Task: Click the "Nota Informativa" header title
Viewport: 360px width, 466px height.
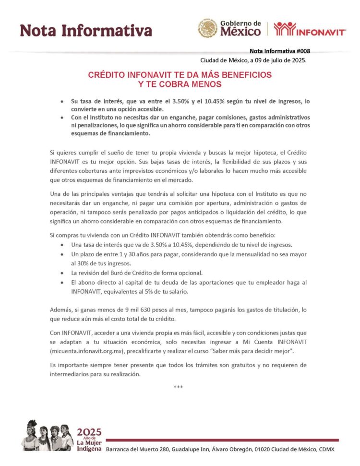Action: pos(86,30)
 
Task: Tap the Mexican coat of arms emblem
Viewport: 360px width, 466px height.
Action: pos(207,28)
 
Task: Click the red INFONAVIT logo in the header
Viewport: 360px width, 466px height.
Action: pos(310,30)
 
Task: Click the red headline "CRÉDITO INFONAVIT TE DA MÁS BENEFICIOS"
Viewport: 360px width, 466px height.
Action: pos(180,75)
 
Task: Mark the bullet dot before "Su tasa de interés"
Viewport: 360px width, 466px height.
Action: pos(62,102)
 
